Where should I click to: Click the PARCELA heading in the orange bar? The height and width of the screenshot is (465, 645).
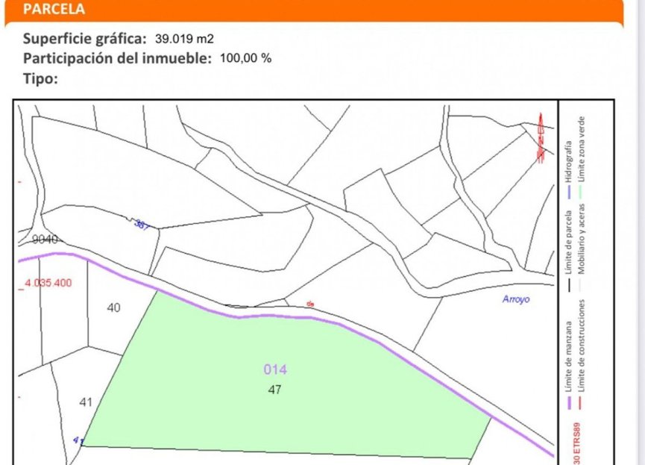click(x=54, y=10)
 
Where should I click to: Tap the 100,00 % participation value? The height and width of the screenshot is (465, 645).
click(x=245, y=59)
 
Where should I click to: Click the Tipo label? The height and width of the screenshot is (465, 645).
click(x=41, y=78)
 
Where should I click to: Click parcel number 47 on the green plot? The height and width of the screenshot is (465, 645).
click(x=274, y=389)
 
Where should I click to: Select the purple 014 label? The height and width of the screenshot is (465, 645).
click(x=275, y=369)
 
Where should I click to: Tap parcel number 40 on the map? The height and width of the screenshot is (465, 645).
click(x=113, y=307)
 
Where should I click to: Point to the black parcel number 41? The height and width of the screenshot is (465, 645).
click(x=86, y=402)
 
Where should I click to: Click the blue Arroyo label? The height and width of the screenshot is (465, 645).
click(x=515, y=299)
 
